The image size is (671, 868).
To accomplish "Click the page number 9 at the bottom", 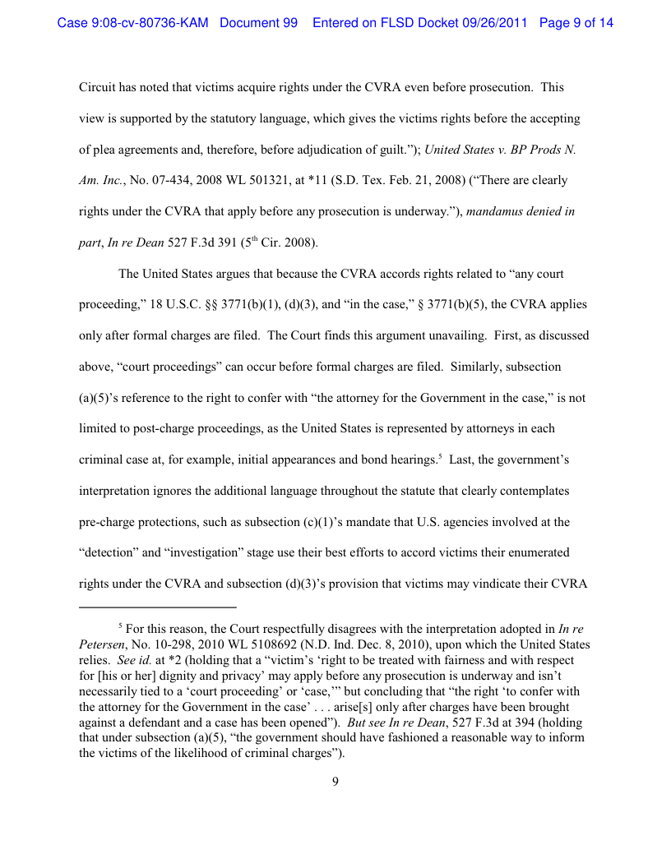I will tap(335, 782).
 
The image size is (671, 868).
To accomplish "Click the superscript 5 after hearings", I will tap(441, 455).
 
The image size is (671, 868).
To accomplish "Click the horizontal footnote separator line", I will tap(156, 608).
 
